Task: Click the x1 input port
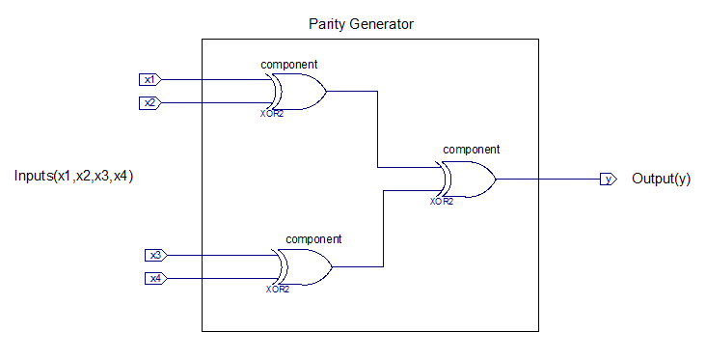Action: pos(149,80)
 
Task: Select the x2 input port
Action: pos(149,103)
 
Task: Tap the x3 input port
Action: pos(156,256)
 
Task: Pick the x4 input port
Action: pos(156,279)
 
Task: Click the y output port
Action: pos(609,179)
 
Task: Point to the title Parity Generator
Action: pos(361,24)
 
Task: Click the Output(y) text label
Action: pos(661,179)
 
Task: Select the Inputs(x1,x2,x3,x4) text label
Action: pos(74,176)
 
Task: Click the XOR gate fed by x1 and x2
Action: pos(299,92)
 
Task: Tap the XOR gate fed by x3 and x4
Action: pos(304,266)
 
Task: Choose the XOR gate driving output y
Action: pos(468,180)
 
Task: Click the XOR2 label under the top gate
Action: pos(272,114)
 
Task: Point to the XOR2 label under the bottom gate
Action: pos(278,290)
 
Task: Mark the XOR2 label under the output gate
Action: pos(442,202)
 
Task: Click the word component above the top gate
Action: pos(289,65)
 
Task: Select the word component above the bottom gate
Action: pos(313,239)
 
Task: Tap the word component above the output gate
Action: pos(472,150)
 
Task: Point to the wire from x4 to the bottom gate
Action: pos(223,279)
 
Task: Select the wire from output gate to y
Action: pos(549,179)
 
